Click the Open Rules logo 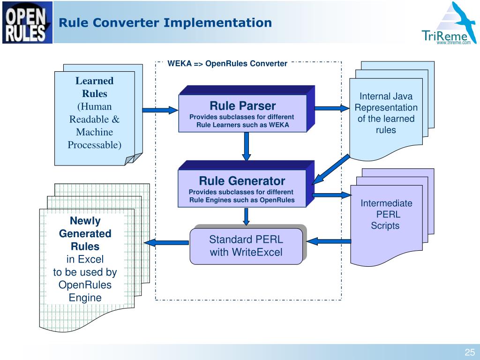(27, 22)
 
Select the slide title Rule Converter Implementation (165, 22)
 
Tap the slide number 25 (470, 352)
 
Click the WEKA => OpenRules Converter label (227, 63)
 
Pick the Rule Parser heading (243, 105)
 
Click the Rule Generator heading (242, 180)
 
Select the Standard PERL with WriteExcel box (247, 246)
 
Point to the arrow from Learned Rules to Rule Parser (160, 110)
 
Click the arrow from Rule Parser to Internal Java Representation (332, 108)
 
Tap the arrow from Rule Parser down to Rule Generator (247, 146)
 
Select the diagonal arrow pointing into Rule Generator (330, 169)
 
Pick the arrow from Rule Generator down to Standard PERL (246, 217)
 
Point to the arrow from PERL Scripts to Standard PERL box (329, 241)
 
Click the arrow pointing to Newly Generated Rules (166, 243)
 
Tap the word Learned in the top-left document (94, 81)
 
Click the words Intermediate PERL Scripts (386, 214)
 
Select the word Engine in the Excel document (85, 298)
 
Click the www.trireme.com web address (454, 43)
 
